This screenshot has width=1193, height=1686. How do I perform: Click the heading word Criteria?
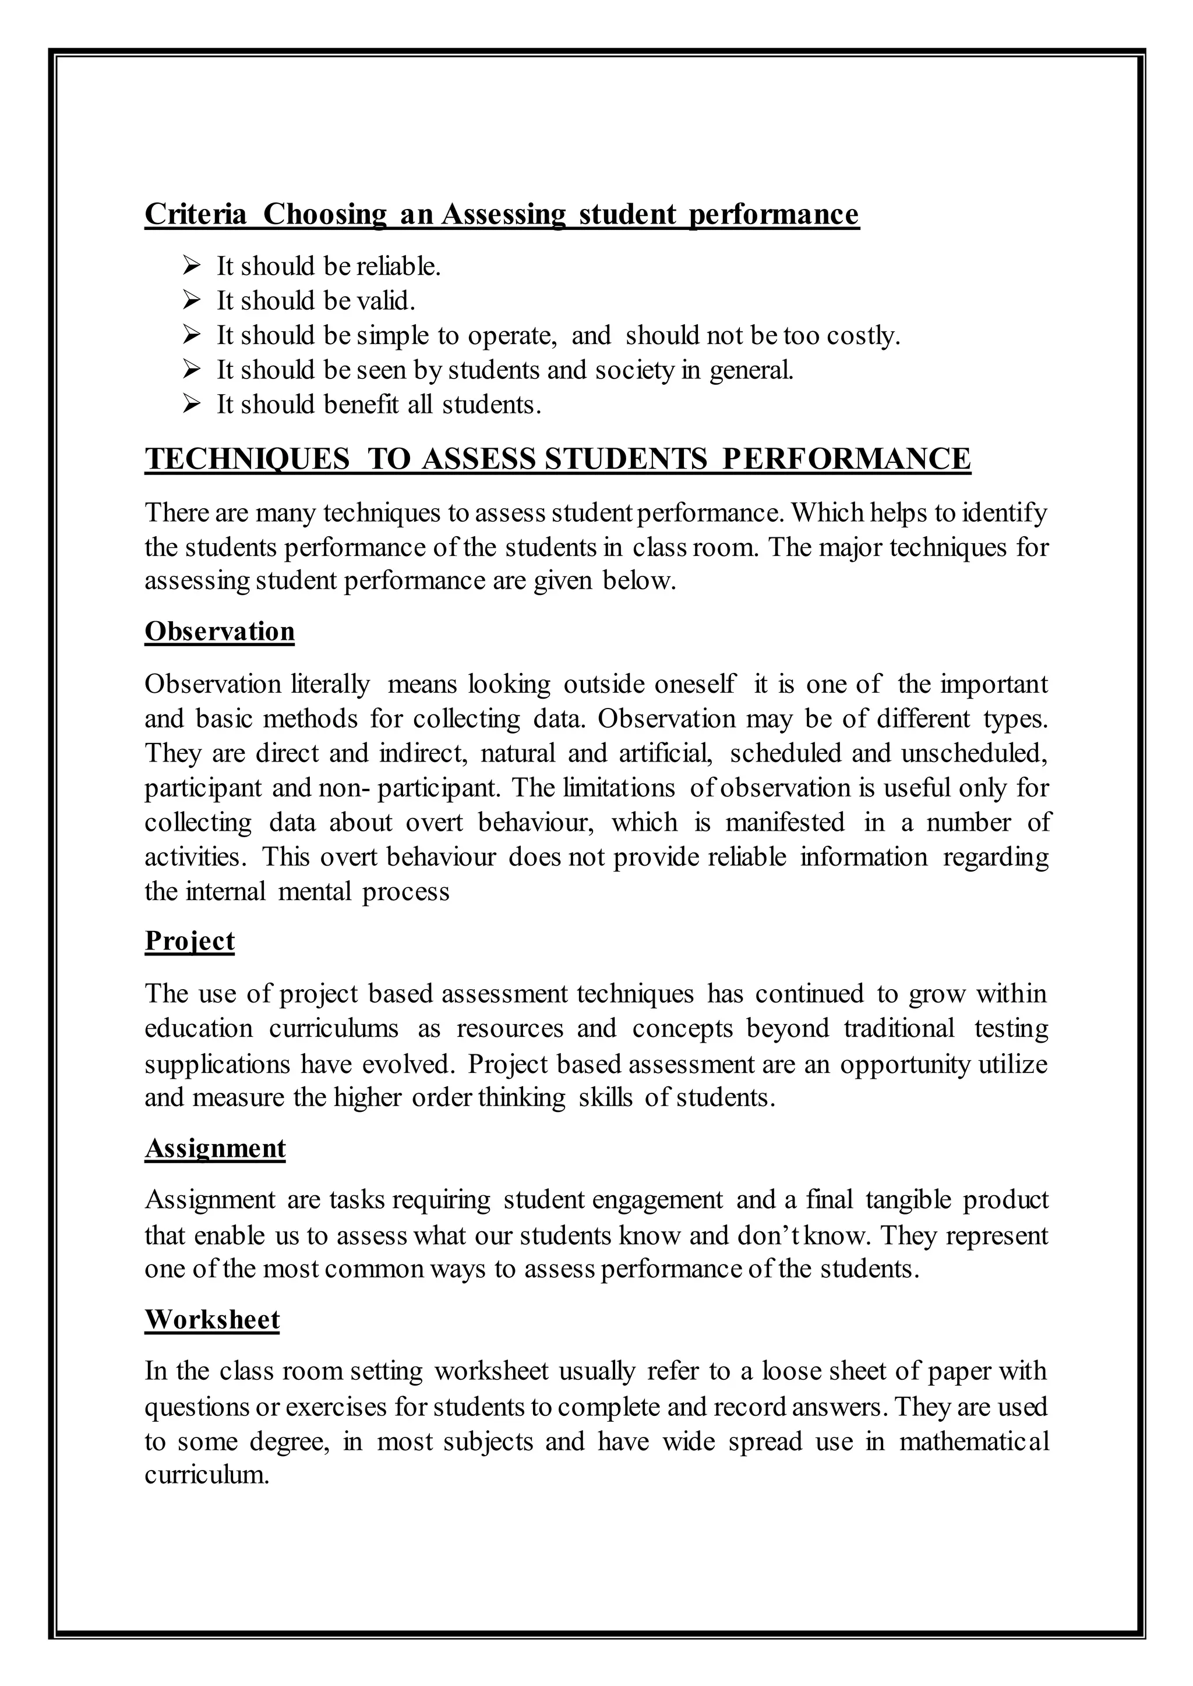pos(195,214)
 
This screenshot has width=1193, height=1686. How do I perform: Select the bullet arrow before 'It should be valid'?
pos(192,300)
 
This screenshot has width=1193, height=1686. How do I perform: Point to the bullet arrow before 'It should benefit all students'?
pos(192,404)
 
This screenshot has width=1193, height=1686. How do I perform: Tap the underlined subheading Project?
pos(189,941)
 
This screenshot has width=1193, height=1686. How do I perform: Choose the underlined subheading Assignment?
pos(215,1147)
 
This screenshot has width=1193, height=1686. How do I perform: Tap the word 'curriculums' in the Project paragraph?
pos(334,1029)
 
